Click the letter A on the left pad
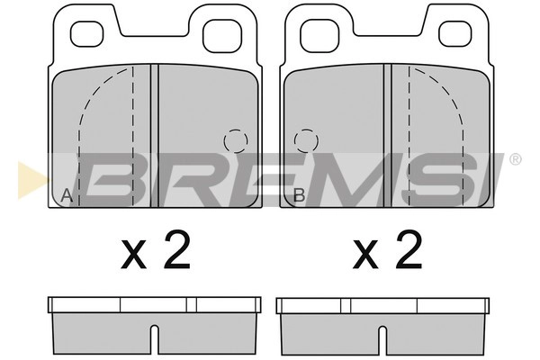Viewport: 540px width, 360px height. [x=67, y=195]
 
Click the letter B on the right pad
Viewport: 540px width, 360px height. [x=299, y=195]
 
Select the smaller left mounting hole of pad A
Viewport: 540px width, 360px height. [x=86, y=34]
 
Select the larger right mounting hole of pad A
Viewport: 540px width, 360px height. [x=222, y=36]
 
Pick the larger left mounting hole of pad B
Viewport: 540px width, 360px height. [x=319, y=36]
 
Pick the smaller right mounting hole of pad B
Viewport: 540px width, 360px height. [x=454, y=34]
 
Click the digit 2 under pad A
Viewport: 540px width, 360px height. [x=177, y=250]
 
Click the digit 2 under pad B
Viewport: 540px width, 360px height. [x=409, y=250]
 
